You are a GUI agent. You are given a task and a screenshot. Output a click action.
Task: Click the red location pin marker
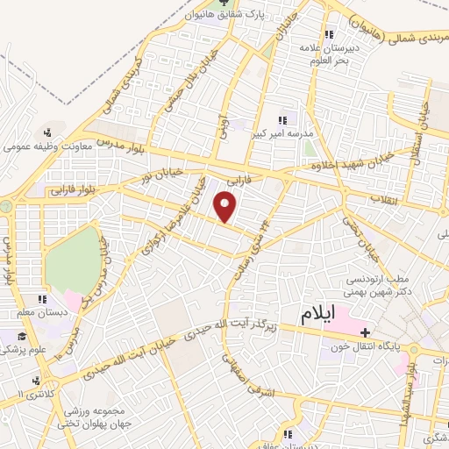point(227,208)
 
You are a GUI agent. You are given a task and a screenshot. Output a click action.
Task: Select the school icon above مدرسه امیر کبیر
point(282,120)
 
